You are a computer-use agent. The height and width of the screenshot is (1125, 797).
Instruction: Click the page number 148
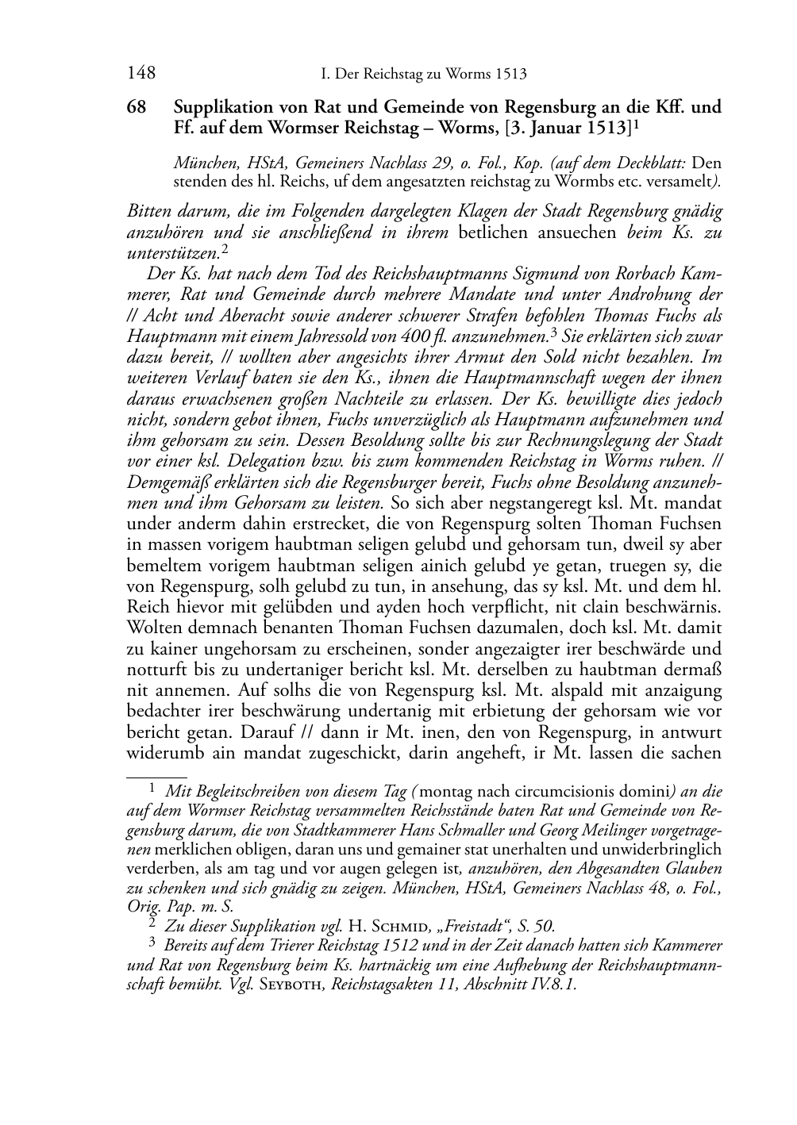(x=141, y=74)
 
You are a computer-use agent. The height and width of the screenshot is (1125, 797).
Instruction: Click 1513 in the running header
(x=510, y=75)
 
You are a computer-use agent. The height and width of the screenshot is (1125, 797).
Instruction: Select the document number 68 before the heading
(x=137, y=107)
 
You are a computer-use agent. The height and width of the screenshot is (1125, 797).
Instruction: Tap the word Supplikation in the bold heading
(x=224, y=107)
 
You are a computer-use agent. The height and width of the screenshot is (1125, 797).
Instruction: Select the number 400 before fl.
(x=483, y=336)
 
